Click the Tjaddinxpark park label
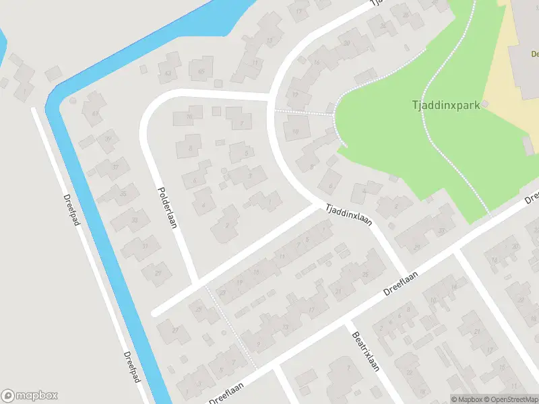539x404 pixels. pyautogui.click(x=445, y=105)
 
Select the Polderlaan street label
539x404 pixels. pyautogui.click(x=166, y=207)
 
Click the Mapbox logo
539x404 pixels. pyautogui.click(x=30, y=396)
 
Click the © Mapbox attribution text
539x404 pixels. pyautogui.click(x=467, y=399)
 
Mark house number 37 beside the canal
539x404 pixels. pyautogui.click(x=116, y=167)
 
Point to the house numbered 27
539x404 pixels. pyautogui.click(x=175, y=330)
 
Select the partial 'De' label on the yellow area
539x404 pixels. pyautogui.click(x=534, y=54)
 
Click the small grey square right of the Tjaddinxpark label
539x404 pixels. pyautogui.click(x=485, y=104)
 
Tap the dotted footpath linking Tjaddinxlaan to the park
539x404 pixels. pyautogui.click(x=303, y=112)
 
